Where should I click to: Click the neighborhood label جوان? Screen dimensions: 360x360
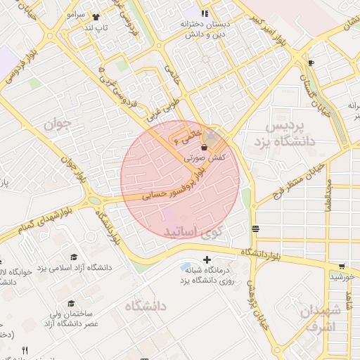coord(58,124)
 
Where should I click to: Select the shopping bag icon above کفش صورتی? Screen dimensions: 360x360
coord(205,148)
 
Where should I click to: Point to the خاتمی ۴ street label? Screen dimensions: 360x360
coord(192,133)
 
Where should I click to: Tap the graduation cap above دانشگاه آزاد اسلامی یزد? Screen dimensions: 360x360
coord(74,257)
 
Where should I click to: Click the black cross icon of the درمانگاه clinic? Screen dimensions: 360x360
coord(206,260)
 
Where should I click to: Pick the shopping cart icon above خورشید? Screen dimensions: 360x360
coord(342,266)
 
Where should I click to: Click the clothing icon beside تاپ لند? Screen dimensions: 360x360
coord(96,18)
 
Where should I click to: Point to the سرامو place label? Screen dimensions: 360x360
coord(75,14)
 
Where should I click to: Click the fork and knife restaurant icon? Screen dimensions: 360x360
coord(25,350)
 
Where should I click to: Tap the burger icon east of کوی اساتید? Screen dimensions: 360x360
coord(255,229)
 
